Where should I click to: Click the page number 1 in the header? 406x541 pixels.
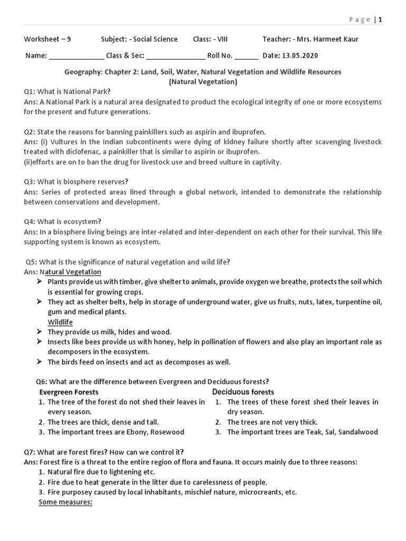pos(379,20)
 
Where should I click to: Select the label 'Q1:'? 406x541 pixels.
pos(31,91)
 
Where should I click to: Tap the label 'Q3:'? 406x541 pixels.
pos(31,182)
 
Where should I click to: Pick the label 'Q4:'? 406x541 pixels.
pos(31,221)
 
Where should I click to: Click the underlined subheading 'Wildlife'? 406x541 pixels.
pos(60,322)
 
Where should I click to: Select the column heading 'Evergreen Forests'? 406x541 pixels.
pos(69,392)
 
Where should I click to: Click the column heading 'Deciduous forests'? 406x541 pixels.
pos(243,392)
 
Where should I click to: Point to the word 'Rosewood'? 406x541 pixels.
pos(168,432)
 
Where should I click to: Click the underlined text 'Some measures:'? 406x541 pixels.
pos(66,502)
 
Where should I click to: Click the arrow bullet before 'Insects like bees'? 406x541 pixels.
pos(40,342)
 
